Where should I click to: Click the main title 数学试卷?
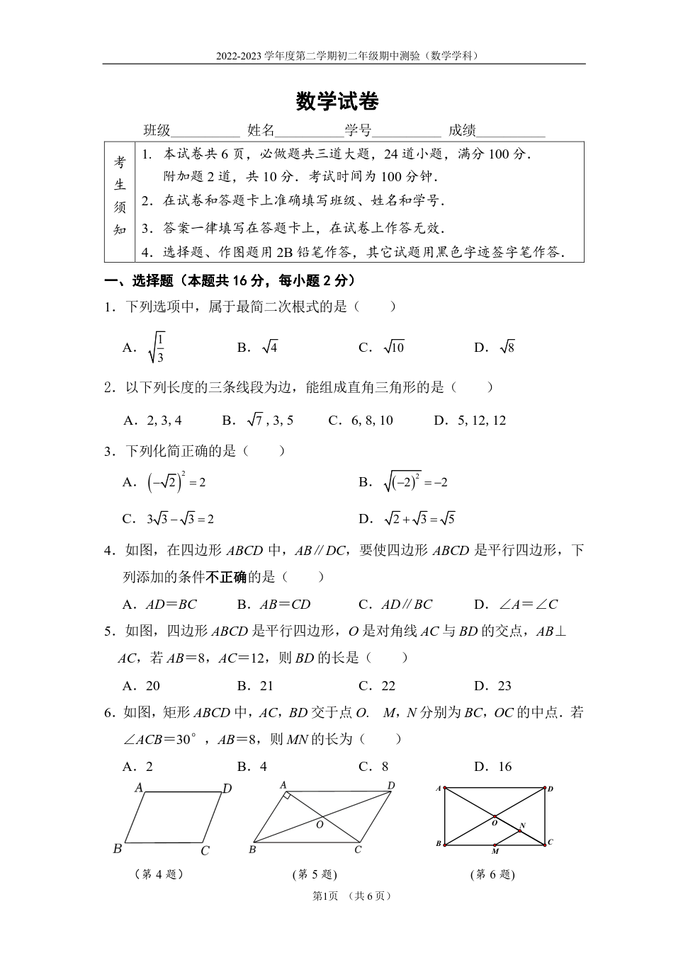point(337,102)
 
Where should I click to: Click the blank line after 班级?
point(205,132)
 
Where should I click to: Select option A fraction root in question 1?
point(157,347)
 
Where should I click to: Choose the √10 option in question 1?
point(393,347)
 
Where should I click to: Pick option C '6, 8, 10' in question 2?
point(371,421)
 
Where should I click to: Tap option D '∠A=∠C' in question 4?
point(528,605)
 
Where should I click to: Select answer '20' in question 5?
point(152,685)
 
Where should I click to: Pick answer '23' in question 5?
point(504,685)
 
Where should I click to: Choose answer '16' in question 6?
point(504,767)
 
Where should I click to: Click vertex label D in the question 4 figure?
point(227,789)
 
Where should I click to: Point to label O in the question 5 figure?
point(320,825)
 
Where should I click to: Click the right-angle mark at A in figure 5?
point(286,796)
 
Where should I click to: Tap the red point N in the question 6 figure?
point(519,830)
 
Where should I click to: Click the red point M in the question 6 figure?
point(495,845)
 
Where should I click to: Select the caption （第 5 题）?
point(315,874)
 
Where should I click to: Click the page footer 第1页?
point(325,896)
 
